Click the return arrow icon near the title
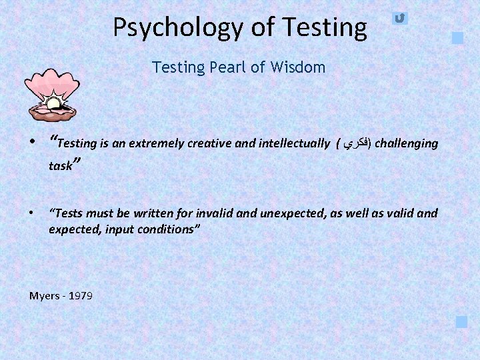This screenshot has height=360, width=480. (x=399, y=18)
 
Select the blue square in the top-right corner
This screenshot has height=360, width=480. (x=457, y=38)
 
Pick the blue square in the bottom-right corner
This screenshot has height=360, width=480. (x=461, y=322)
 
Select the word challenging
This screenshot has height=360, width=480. (x=407, y=143)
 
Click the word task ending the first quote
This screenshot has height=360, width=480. (x=60, y=166)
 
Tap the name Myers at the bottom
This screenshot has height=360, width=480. (x=44, y=295)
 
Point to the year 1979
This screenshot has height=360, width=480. (x=81, y=295)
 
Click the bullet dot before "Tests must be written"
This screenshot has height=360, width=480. (x=32, y=213)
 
